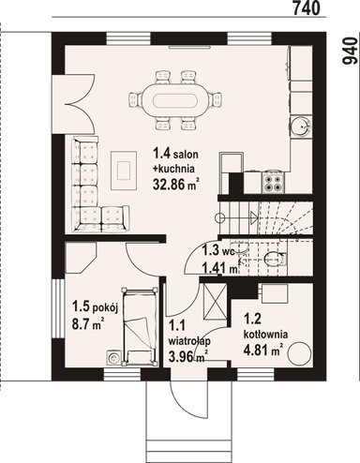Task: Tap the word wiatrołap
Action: (187, 342)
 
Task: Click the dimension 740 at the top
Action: (307, 8)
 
